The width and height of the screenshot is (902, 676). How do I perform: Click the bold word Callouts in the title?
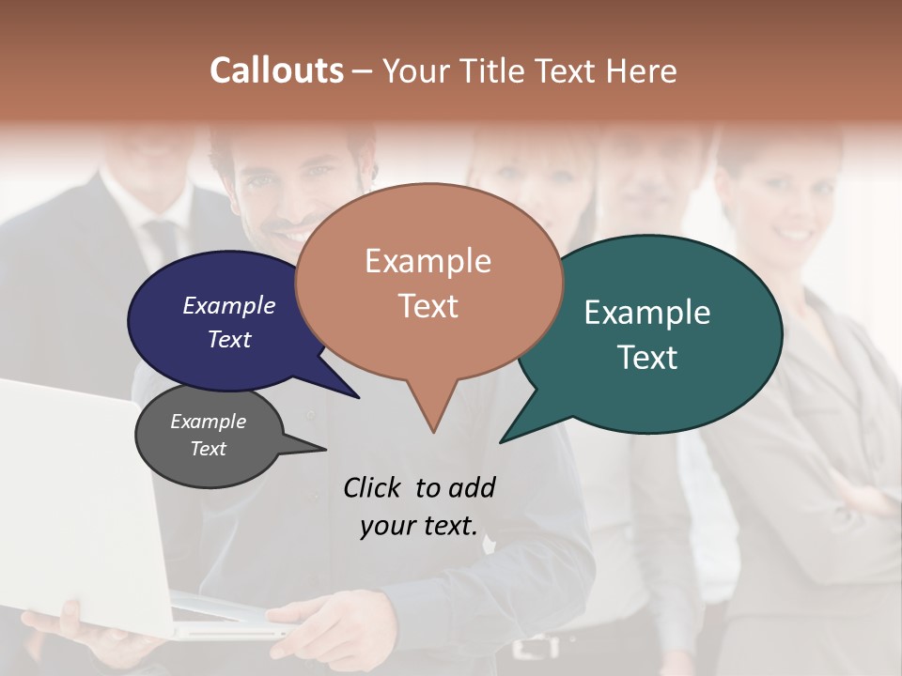tap(276, 70)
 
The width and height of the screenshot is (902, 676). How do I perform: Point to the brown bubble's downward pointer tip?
tap(433, 432)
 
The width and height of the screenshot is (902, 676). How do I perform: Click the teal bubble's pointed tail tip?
tap(501, 442)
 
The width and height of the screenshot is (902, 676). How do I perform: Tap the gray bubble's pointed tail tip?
tap(325, 450)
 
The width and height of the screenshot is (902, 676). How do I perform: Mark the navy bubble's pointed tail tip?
tap(359, 397)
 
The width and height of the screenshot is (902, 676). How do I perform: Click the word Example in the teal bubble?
tap(647, 313)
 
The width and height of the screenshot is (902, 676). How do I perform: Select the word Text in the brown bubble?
tap(428, 306)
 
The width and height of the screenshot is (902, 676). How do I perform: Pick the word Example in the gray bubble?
tap(208, 422)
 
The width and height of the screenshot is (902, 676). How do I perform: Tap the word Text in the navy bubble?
tap(229, 339)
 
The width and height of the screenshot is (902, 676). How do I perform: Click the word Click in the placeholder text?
tap(371, 487)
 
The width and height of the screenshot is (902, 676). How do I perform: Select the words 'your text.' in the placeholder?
tap(419, 526)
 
